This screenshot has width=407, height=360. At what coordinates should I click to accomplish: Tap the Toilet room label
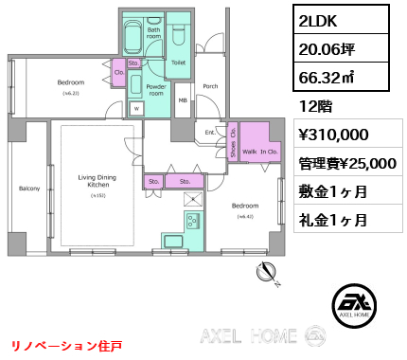click(x=177, y=62)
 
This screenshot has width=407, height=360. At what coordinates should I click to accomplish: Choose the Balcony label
click(x=28, y=189)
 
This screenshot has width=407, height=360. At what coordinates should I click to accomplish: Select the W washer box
click(x=136, y=109)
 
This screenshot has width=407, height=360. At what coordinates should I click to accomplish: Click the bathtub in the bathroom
click(x=133, y=37)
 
